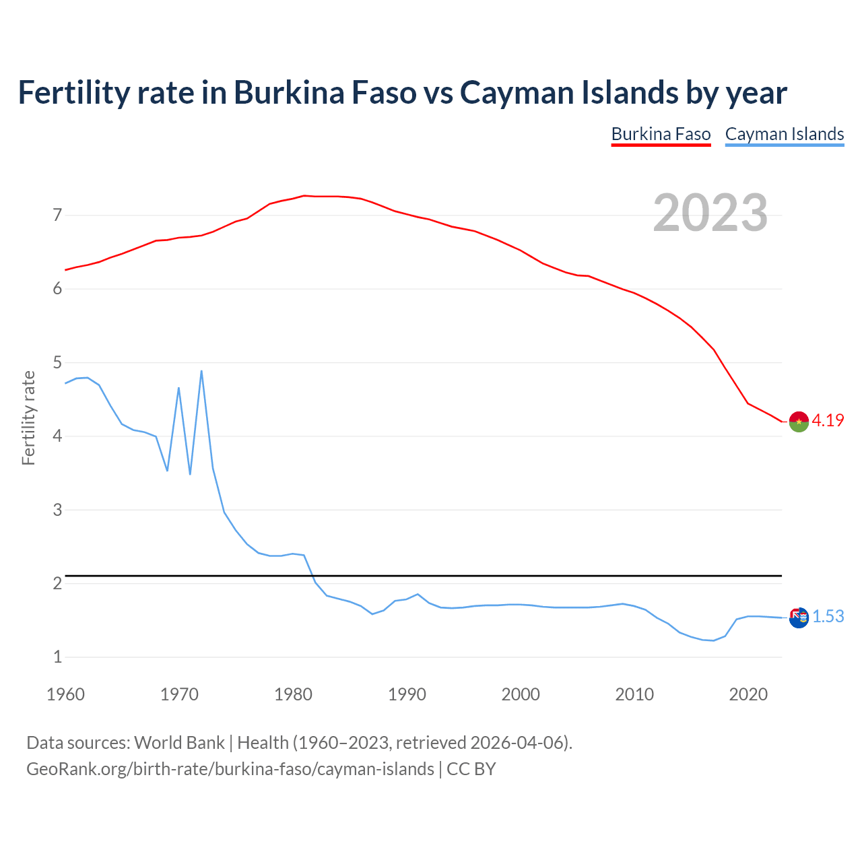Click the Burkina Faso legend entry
pos(661,134)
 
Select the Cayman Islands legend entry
pos(784,134)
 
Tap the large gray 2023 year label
pos(710,213)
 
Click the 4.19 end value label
pos(828,420)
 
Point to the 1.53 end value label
pos(828,616)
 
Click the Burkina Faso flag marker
pos(799,421)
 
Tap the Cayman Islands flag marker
pos(799,617)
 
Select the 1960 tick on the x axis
pos(65,694)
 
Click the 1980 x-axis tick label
pos(293,694)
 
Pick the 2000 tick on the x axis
pos(521,694)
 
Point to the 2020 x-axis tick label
pos(748,694)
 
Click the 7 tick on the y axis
pos(57,215)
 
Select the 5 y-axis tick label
pos(57,363)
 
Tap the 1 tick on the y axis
pos(57,657)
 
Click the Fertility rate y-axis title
pos(28,418)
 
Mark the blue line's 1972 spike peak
pos(201,371)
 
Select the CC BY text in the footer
pos(471,769)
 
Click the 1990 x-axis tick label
pos(407,694)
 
